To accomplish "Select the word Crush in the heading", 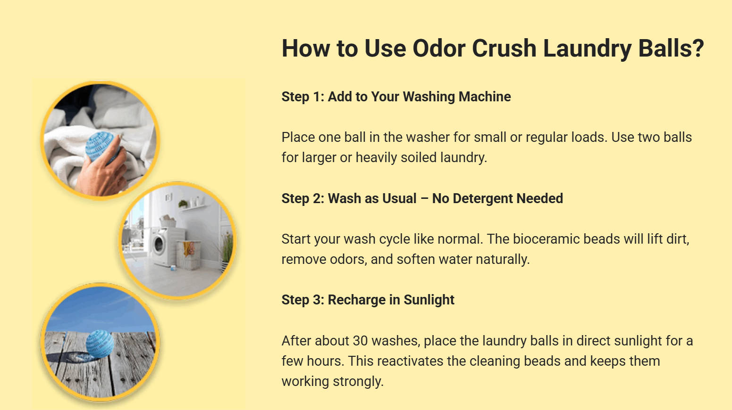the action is point(504,49).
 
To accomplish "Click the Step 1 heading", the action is point(396,97).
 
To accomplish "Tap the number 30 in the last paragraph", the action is point(361,341).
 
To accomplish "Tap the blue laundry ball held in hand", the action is point(102,146).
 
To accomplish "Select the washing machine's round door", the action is point(159,245).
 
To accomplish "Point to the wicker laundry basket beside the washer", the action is point(189,254).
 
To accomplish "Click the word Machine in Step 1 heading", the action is point(485,97).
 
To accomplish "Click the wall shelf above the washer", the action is point(194,207).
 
